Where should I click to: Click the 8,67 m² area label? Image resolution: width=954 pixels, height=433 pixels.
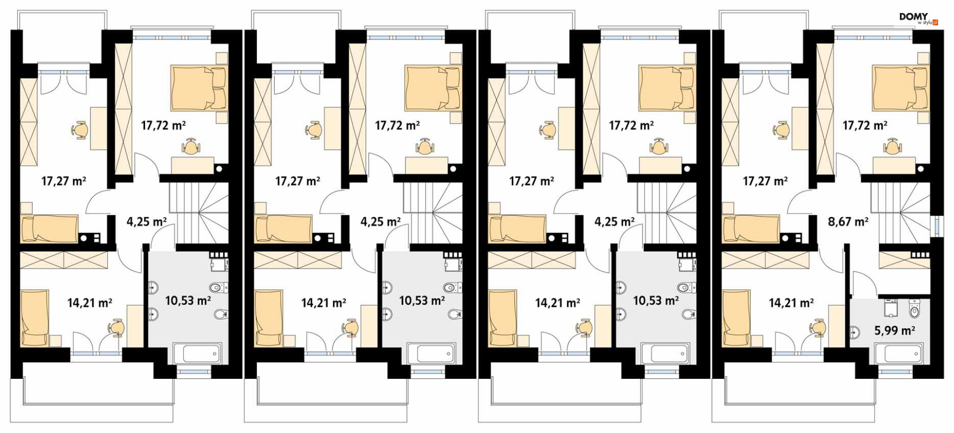[848, 221]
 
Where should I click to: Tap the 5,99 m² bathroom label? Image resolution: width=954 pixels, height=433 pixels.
[894, 331]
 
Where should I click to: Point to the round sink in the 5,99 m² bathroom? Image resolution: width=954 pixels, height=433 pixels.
[855, 332]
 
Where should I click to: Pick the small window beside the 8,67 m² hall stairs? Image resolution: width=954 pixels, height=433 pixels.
[936, 224]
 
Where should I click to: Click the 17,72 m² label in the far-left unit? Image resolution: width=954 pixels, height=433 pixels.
[163, 125]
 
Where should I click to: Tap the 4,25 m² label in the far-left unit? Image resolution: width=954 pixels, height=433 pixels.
[147, 221]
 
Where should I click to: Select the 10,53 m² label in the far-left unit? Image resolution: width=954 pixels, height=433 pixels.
[188, 300]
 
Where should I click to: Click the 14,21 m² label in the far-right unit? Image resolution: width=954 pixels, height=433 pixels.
[791, 302]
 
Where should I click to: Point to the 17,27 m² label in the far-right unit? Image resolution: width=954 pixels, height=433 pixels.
[765, 181]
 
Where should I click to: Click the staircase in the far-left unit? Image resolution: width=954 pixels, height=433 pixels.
[199, 213]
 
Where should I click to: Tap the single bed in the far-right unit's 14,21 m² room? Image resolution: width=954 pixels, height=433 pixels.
[736, 318]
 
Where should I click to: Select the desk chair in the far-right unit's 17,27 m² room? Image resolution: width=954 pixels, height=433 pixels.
[781, 130]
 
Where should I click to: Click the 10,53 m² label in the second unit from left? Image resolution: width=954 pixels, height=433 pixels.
[422, 300]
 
